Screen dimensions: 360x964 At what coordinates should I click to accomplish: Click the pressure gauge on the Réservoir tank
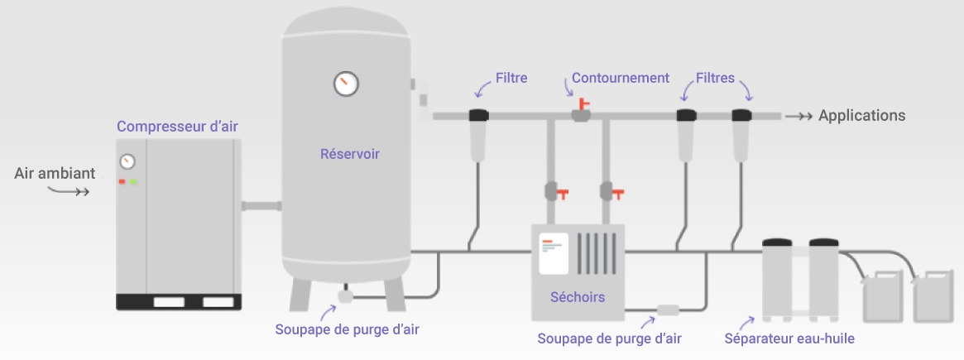(345, 83)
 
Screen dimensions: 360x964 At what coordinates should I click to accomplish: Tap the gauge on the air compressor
(127, 161)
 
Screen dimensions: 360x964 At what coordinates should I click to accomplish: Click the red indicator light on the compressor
(122, 182)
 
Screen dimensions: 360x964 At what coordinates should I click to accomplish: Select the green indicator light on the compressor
(133, 182)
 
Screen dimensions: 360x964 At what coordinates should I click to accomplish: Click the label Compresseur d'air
(178, 127)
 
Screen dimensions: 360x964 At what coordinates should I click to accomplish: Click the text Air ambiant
(55, 174)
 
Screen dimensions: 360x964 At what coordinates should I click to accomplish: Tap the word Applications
(861, 116)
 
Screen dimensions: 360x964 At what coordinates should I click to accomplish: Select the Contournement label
(621, 79)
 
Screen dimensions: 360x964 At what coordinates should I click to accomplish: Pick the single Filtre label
(511, 79)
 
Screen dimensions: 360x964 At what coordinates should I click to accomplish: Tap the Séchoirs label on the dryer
(577, 297)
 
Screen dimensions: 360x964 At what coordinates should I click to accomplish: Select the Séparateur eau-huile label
(789, 338)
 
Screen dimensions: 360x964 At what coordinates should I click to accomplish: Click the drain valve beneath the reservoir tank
(345, 295)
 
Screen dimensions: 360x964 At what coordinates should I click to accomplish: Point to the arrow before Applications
(799, 117)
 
